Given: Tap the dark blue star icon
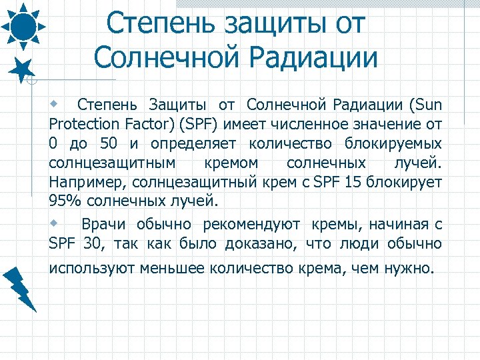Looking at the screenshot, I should pos(24,69).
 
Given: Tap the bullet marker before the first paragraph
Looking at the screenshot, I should pos(56,104).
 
